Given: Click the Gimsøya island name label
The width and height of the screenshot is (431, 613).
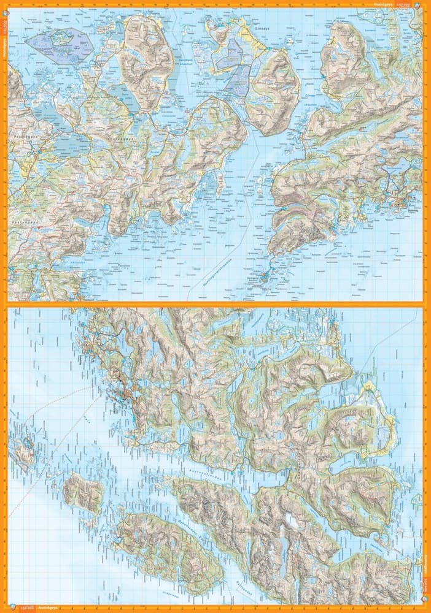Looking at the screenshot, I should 262,28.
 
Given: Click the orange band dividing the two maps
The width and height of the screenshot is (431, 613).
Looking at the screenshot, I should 215,304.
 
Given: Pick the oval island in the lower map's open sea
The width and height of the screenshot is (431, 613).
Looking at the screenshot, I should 83,492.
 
